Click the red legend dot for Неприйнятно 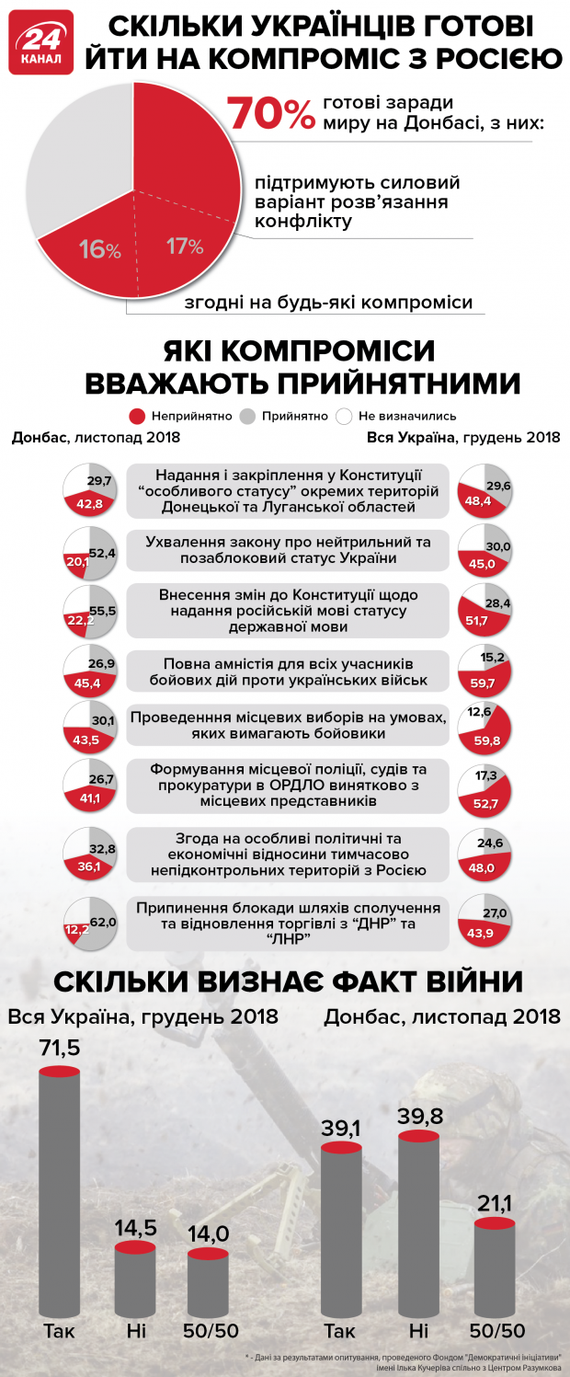coord(138,416)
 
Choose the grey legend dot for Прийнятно coord(247,416)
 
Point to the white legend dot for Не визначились coord(345,416)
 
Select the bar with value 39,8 coord(417,1223)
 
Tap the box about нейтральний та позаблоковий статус coord(289,550)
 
